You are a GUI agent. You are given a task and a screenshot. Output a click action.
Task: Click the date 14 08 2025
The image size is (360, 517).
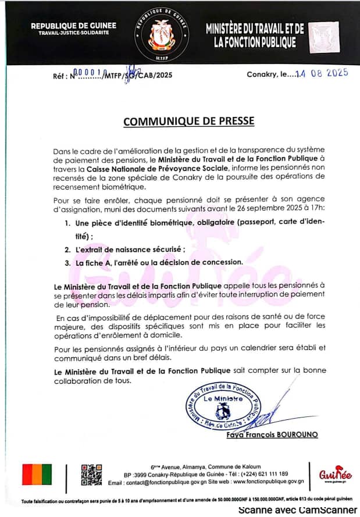tap(322, 73)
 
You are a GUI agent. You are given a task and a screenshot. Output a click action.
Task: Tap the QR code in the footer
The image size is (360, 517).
tap(91, 475)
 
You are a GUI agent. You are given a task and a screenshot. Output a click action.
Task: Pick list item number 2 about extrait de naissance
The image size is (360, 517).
tap(129, 249)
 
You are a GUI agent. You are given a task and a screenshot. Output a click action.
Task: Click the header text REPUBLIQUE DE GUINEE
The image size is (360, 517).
tap(73, 26)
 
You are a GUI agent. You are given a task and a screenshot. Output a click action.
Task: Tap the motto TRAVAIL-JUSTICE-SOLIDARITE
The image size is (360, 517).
tap(73, 33)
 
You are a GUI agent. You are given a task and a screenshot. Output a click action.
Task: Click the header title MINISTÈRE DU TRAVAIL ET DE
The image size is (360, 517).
tap(255, 28)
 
